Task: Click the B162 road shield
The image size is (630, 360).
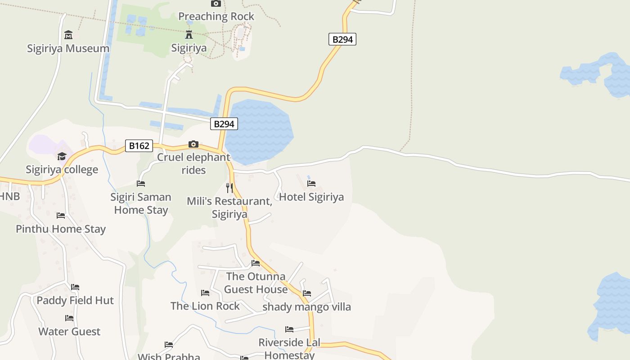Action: point(139,146)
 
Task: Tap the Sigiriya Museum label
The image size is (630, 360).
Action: point(68,48)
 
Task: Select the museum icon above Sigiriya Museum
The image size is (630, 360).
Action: point(68,35)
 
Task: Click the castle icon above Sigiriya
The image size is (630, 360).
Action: point(189,34)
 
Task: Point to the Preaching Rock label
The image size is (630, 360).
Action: point(216,16)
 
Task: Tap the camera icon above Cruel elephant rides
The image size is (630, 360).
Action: point(193,144)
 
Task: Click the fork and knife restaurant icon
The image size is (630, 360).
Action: point(229,188)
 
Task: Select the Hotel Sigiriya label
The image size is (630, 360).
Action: point(311,197)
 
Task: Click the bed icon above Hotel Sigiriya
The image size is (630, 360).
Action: point(311,183)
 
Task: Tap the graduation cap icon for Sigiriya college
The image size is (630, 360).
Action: point(62,156)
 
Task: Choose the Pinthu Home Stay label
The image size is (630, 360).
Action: point(61,229)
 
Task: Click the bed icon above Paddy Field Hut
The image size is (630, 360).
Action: point(75,287)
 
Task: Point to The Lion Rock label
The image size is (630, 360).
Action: point(205,306)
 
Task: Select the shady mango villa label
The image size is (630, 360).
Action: point(306,307)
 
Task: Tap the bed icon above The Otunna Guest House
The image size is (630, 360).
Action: point(256,263)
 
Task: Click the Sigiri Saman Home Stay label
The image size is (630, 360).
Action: point(141,203)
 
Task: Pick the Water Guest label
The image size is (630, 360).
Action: point(69,331)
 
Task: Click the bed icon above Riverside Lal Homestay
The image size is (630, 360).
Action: point(289,329)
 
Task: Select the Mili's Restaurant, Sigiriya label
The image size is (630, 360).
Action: point(229,207)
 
